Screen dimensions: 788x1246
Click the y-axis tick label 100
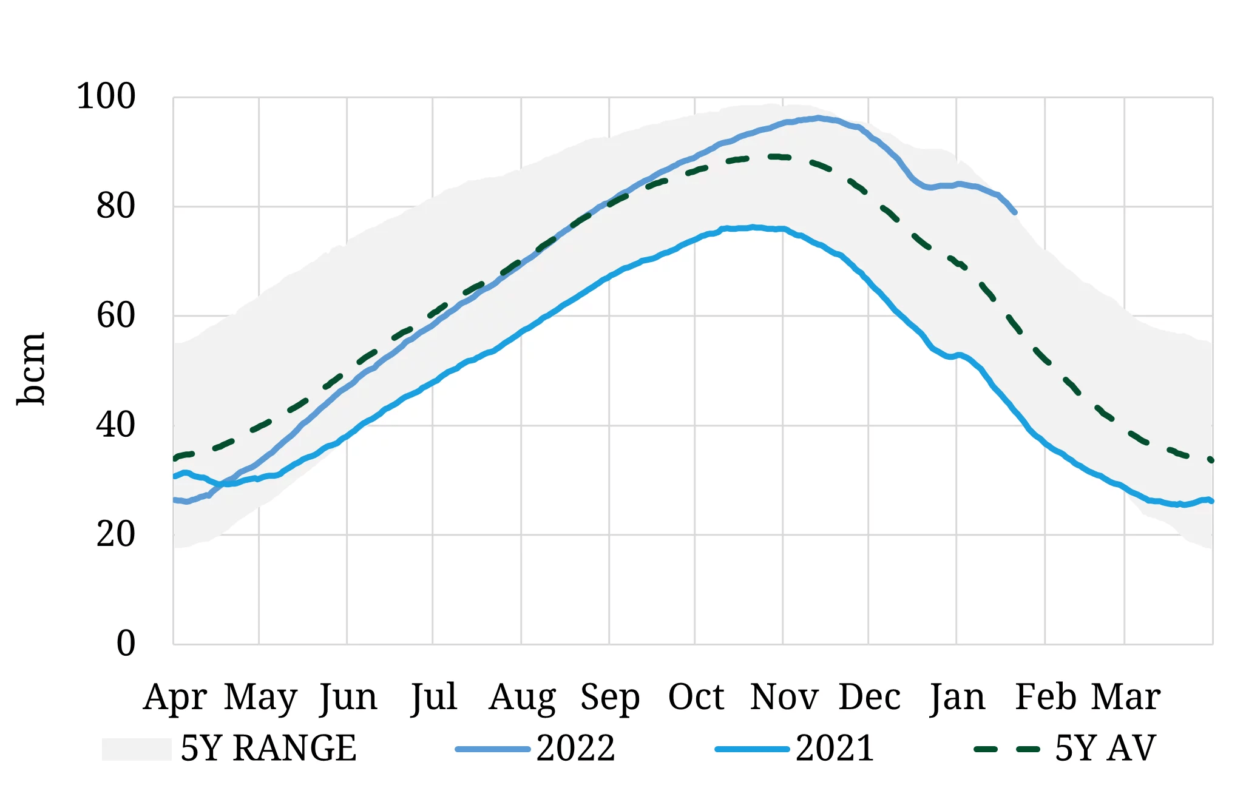point(106,97)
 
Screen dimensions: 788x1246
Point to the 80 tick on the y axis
point(115,206)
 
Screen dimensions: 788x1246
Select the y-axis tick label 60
point(115,315)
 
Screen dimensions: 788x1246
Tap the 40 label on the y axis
point(115,425)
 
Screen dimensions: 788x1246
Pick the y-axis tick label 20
point(115,534)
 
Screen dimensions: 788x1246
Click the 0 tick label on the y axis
point(126,644)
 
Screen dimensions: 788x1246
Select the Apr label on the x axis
point(175,697)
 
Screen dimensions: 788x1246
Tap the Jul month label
point(433,697)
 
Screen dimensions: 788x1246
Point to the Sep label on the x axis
point(609,697)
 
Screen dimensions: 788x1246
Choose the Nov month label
point(784,697)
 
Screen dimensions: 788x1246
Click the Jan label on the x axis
point(957,697)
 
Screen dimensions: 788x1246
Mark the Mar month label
point(1125,697)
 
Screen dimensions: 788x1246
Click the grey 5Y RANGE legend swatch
point(136,749)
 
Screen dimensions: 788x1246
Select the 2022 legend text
point(575,749)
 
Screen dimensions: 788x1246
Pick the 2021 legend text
point(835,749)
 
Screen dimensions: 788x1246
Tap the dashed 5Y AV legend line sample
point(1006,749)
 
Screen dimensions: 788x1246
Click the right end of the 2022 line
point(1015,212)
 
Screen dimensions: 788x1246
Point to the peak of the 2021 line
point(753,227)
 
